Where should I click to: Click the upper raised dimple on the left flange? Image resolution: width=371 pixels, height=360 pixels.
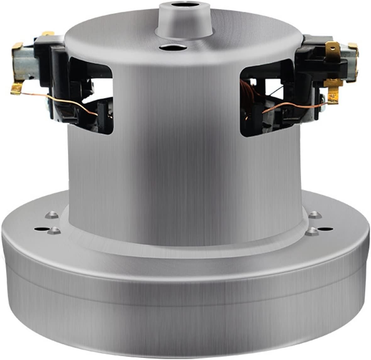[51, 215]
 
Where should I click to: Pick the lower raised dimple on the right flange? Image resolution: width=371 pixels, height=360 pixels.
[311, 232]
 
